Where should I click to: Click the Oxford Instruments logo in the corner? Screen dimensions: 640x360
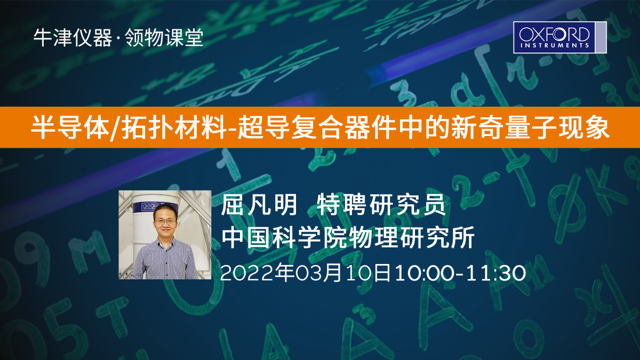559,37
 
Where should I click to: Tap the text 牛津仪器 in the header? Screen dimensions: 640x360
73,38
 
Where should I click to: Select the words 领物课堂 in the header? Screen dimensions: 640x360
164,38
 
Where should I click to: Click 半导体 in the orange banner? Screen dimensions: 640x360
70,127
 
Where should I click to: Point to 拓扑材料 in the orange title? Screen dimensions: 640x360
174,127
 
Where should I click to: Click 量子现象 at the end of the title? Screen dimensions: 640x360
557,127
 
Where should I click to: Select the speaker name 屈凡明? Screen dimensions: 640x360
259,205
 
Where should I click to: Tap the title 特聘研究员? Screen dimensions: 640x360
381,205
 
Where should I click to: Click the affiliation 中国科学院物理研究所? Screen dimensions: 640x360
348,237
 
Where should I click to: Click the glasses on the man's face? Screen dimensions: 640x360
165,221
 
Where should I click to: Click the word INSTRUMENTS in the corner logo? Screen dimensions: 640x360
555,45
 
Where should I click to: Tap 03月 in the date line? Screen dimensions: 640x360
318,273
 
